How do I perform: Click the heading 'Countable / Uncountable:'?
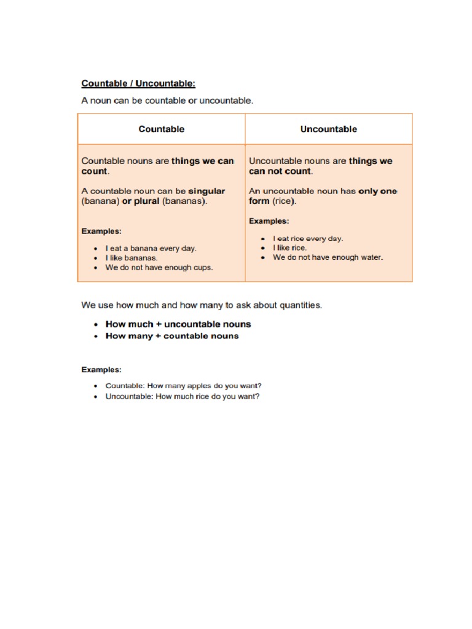[x=138, y=83]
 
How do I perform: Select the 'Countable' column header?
[x=161, y=129]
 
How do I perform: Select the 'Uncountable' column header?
[x=328, y=129]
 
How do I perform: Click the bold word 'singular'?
[x=206, y=191]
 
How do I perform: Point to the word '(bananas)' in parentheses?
[x=184, y=201]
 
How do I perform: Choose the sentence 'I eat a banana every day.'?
[x=151, y=249]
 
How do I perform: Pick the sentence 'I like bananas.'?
[x=132, y=258]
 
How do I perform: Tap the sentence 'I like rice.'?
[x=289, y=248]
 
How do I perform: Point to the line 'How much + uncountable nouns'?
[x=178, y=324]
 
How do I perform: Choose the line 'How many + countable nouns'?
[x=172, y=336]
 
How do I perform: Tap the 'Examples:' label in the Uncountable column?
[x=269, y=221]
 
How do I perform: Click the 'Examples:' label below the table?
[x=101, y=370]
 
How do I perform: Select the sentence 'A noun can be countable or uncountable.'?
[x=167, y=101]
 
